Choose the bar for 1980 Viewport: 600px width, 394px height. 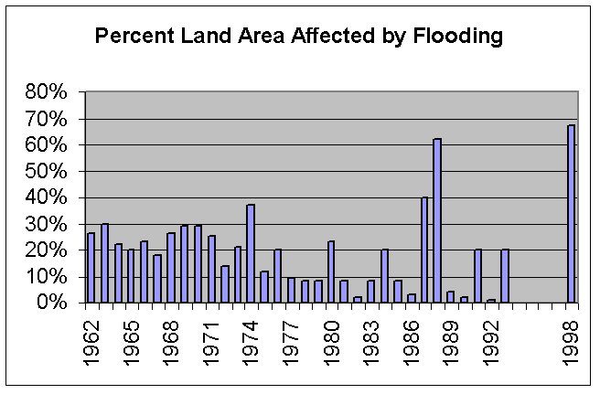(330, 272)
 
